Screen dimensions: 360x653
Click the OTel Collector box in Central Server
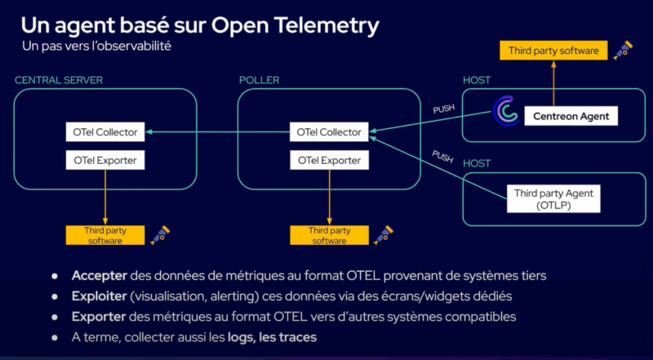pos(105,131)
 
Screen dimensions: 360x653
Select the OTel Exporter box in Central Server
pos(105,160)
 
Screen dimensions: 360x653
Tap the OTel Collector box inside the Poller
pos(329,131)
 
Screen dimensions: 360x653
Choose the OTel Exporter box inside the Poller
pos(329,160)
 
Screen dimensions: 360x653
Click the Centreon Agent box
pos(571,117)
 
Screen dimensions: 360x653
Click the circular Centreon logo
pos(506,112)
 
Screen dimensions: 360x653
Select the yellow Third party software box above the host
pos(553,51)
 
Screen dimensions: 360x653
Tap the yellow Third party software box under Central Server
pos(104,235)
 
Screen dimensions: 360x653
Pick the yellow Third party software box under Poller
pos(329,235)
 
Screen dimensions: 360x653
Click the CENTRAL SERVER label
pos(58,80)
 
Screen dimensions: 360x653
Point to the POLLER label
pos(259,80)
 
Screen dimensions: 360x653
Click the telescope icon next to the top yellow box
pos(624,49)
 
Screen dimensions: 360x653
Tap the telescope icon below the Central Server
pos(159,235)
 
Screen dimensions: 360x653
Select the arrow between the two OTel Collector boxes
pos(216,131)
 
